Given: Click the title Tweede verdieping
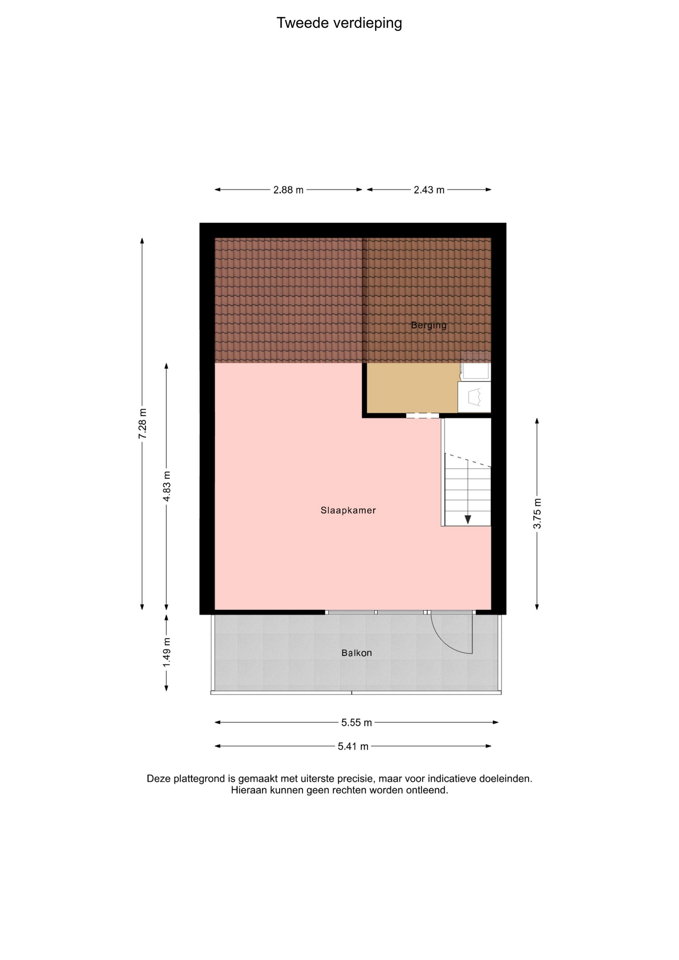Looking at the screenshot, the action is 339,23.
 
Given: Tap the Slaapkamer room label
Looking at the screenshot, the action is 348,510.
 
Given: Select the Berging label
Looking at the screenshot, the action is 428,325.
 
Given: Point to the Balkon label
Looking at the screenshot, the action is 356,653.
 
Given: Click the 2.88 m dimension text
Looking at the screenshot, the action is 288,190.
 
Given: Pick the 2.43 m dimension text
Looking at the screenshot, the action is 429,190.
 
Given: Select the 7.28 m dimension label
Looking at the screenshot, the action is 142,424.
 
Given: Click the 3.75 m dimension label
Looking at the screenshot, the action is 537,513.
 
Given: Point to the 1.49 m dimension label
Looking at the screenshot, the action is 167,652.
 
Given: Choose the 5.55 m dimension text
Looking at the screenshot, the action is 356,722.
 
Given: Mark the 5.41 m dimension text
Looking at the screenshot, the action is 353,746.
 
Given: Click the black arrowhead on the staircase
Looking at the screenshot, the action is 468,519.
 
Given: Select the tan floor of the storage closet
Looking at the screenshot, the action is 412,388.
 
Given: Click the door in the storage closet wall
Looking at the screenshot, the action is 422,415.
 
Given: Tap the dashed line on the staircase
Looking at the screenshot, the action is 468,460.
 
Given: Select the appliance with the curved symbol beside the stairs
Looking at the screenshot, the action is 474,397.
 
